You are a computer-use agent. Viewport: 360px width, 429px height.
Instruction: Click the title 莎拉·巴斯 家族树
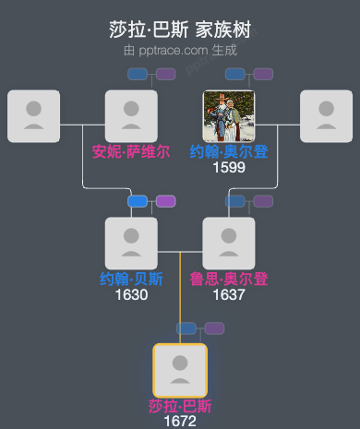click(x=180, y=30)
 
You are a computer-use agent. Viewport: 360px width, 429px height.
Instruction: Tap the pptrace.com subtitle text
click(x=180, y=50)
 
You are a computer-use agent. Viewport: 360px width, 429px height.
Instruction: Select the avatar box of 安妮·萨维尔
click(x=131, y=116)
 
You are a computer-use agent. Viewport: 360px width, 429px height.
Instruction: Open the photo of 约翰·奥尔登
click(x=229, y=116)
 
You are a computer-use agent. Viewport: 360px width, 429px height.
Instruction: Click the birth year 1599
click(x=229, y=168)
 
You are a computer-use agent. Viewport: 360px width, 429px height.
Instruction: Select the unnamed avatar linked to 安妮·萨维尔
click(x=33, y=116)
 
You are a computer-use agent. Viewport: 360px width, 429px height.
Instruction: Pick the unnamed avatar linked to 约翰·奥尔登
click(x=327, y=116)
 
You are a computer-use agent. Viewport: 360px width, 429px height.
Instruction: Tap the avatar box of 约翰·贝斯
click(x=131, y=244)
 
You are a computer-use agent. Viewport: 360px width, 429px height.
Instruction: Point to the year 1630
click(x=131, y=295)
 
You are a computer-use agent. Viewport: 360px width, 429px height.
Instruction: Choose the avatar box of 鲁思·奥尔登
click(x=229, y=244)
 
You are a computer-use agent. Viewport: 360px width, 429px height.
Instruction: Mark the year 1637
click(x=229, y=295)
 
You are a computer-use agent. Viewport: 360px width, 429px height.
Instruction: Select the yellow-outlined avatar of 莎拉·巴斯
click(x=180, y=370)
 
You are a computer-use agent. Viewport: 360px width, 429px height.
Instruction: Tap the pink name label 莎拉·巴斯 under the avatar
click(x=180, y=406)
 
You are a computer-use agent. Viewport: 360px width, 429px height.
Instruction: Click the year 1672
click(x=180, y=421)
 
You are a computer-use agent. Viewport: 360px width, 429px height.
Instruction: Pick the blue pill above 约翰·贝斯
click(x=138, y=201)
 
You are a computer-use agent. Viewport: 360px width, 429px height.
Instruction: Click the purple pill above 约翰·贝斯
click(x=165, y=201)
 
